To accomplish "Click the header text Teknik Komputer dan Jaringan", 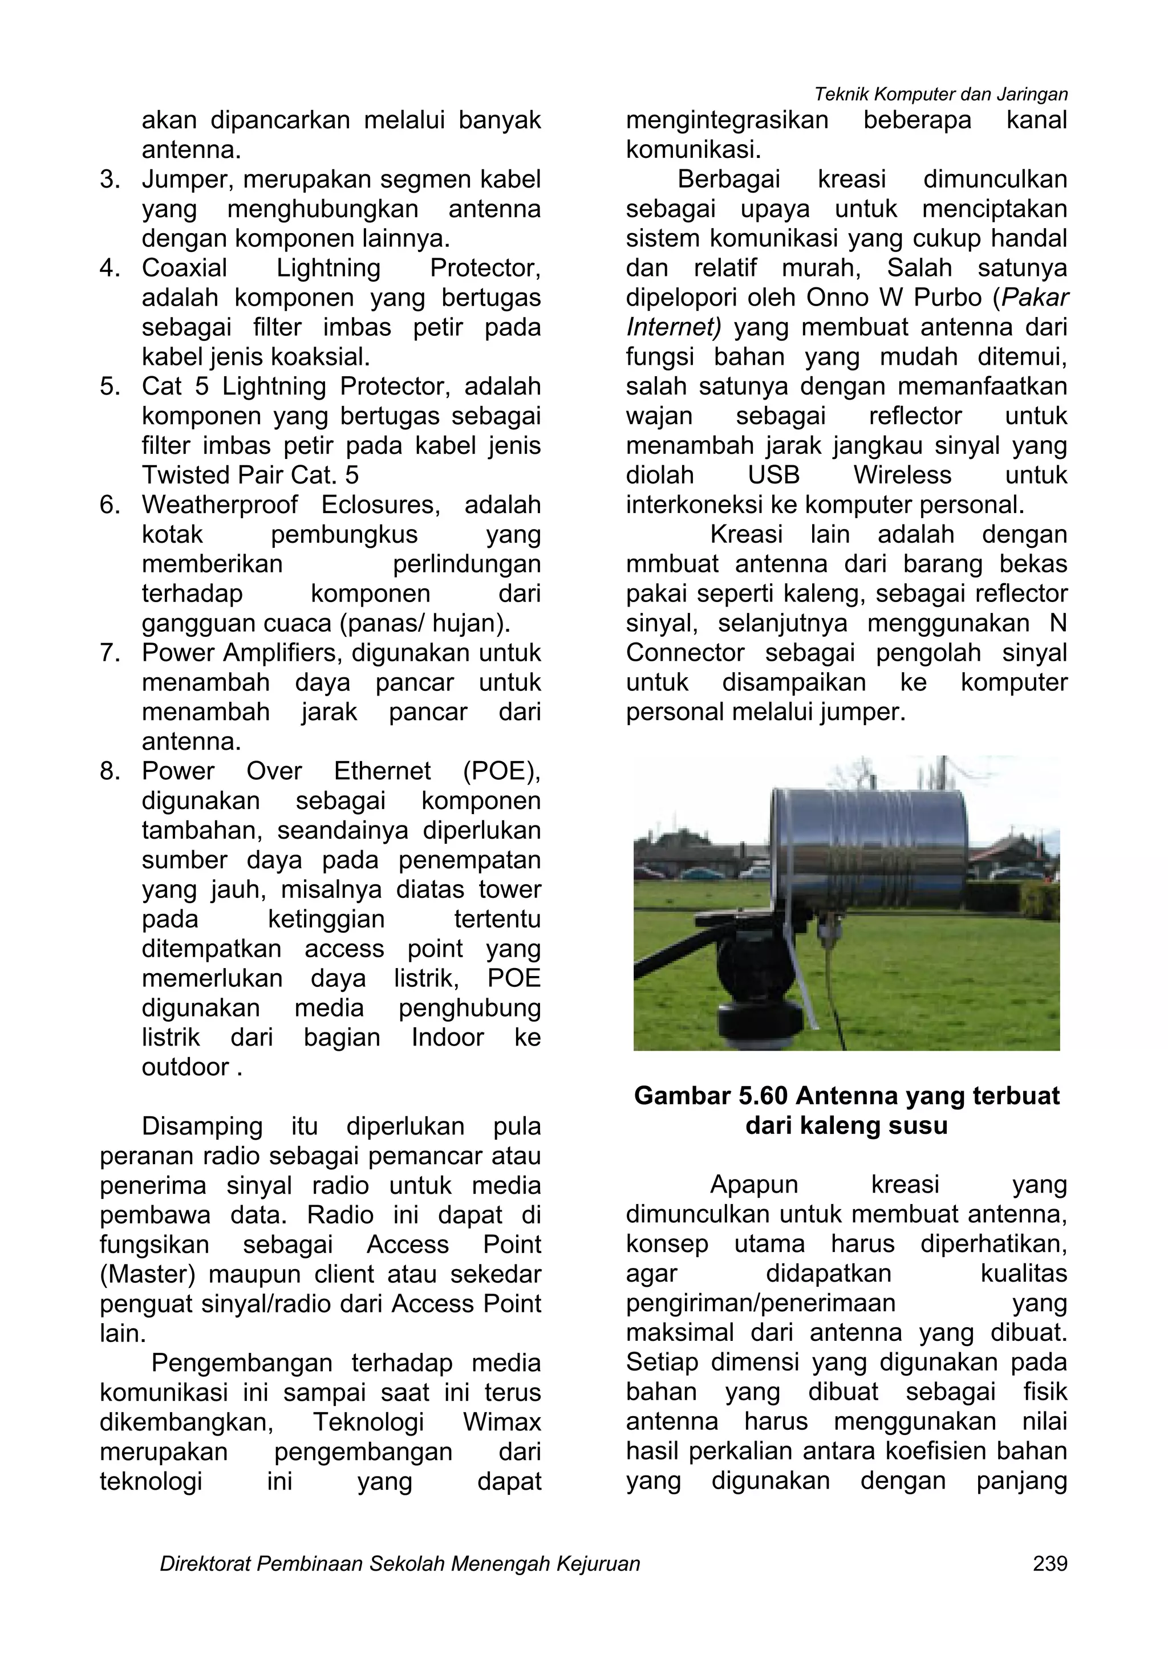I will click(x=940, y=94).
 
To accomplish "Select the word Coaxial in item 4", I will click(x=184, y=268).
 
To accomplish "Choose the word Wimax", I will click(x=502, y=1422).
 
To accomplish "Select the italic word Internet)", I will click(x=673, y=327).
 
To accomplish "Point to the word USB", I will click(x=773, y=475).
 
